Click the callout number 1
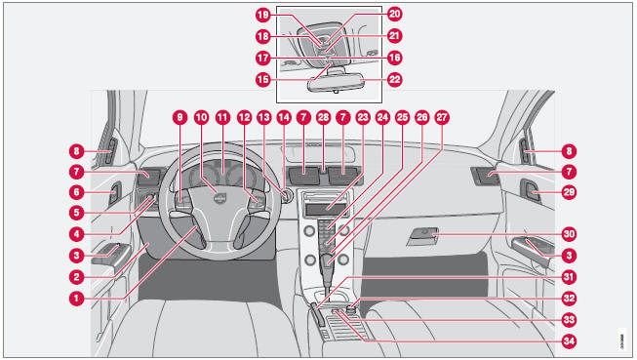coord(76,299)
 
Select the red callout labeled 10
coord(201,117)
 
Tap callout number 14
coord(284,117)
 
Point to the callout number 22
coord(394,79)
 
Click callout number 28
coord(323,117)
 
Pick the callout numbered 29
coord(569,192)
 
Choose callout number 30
coord(569,234)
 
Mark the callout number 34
coord(569,340)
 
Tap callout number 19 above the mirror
coord(262,15)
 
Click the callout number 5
coord(76,213)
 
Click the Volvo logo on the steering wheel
coord(219,199)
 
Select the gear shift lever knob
coord(327,261)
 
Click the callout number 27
coord(442,117)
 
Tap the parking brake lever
coord(317,314)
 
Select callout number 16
coord(394,58)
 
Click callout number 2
coord(76,277)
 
